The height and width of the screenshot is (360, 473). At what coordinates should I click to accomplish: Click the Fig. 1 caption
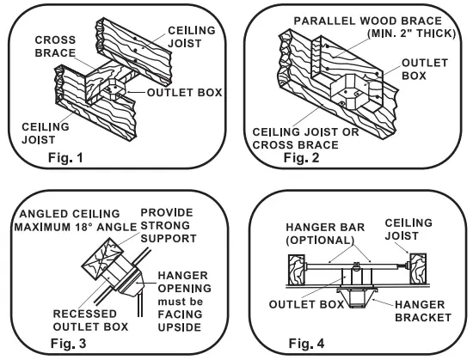[65, 157]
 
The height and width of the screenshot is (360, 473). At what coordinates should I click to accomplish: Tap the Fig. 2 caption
[301, 157]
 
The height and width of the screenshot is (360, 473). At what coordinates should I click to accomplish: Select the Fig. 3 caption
[68, 343]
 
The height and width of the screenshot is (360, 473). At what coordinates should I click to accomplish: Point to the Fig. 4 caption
[306, 343]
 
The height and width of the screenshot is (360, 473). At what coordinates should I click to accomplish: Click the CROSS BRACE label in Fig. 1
[55, 46]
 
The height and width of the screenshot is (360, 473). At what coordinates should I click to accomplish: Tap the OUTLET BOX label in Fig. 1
[185, 93]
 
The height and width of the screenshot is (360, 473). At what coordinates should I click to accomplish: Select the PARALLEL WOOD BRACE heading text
[368, 21]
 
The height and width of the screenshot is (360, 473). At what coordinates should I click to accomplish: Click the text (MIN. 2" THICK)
[411, 34]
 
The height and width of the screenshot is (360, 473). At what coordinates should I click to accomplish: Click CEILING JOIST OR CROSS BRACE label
[305, 138]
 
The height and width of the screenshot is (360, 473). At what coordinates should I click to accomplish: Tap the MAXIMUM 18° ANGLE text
[76, 227]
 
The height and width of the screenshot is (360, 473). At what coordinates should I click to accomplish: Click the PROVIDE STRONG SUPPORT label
[169, 225]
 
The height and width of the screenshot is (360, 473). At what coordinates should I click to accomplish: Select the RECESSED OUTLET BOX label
[90, 320]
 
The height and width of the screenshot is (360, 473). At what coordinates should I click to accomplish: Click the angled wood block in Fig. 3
[102, 259]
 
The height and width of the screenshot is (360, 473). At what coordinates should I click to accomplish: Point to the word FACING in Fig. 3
[180, 314]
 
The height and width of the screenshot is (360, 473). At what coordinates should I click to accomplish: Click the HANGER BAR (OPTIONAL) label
[325, 234]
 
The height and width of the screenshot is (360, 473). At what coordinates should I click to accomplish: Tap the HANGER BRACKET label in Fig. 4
[423, 311]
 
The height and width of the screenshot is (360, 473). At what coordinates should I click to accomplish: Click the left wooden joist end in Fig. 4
[297, 270]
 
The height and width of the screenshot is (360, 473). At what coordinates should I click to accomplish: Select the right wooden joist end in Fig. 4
[418, 269]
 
